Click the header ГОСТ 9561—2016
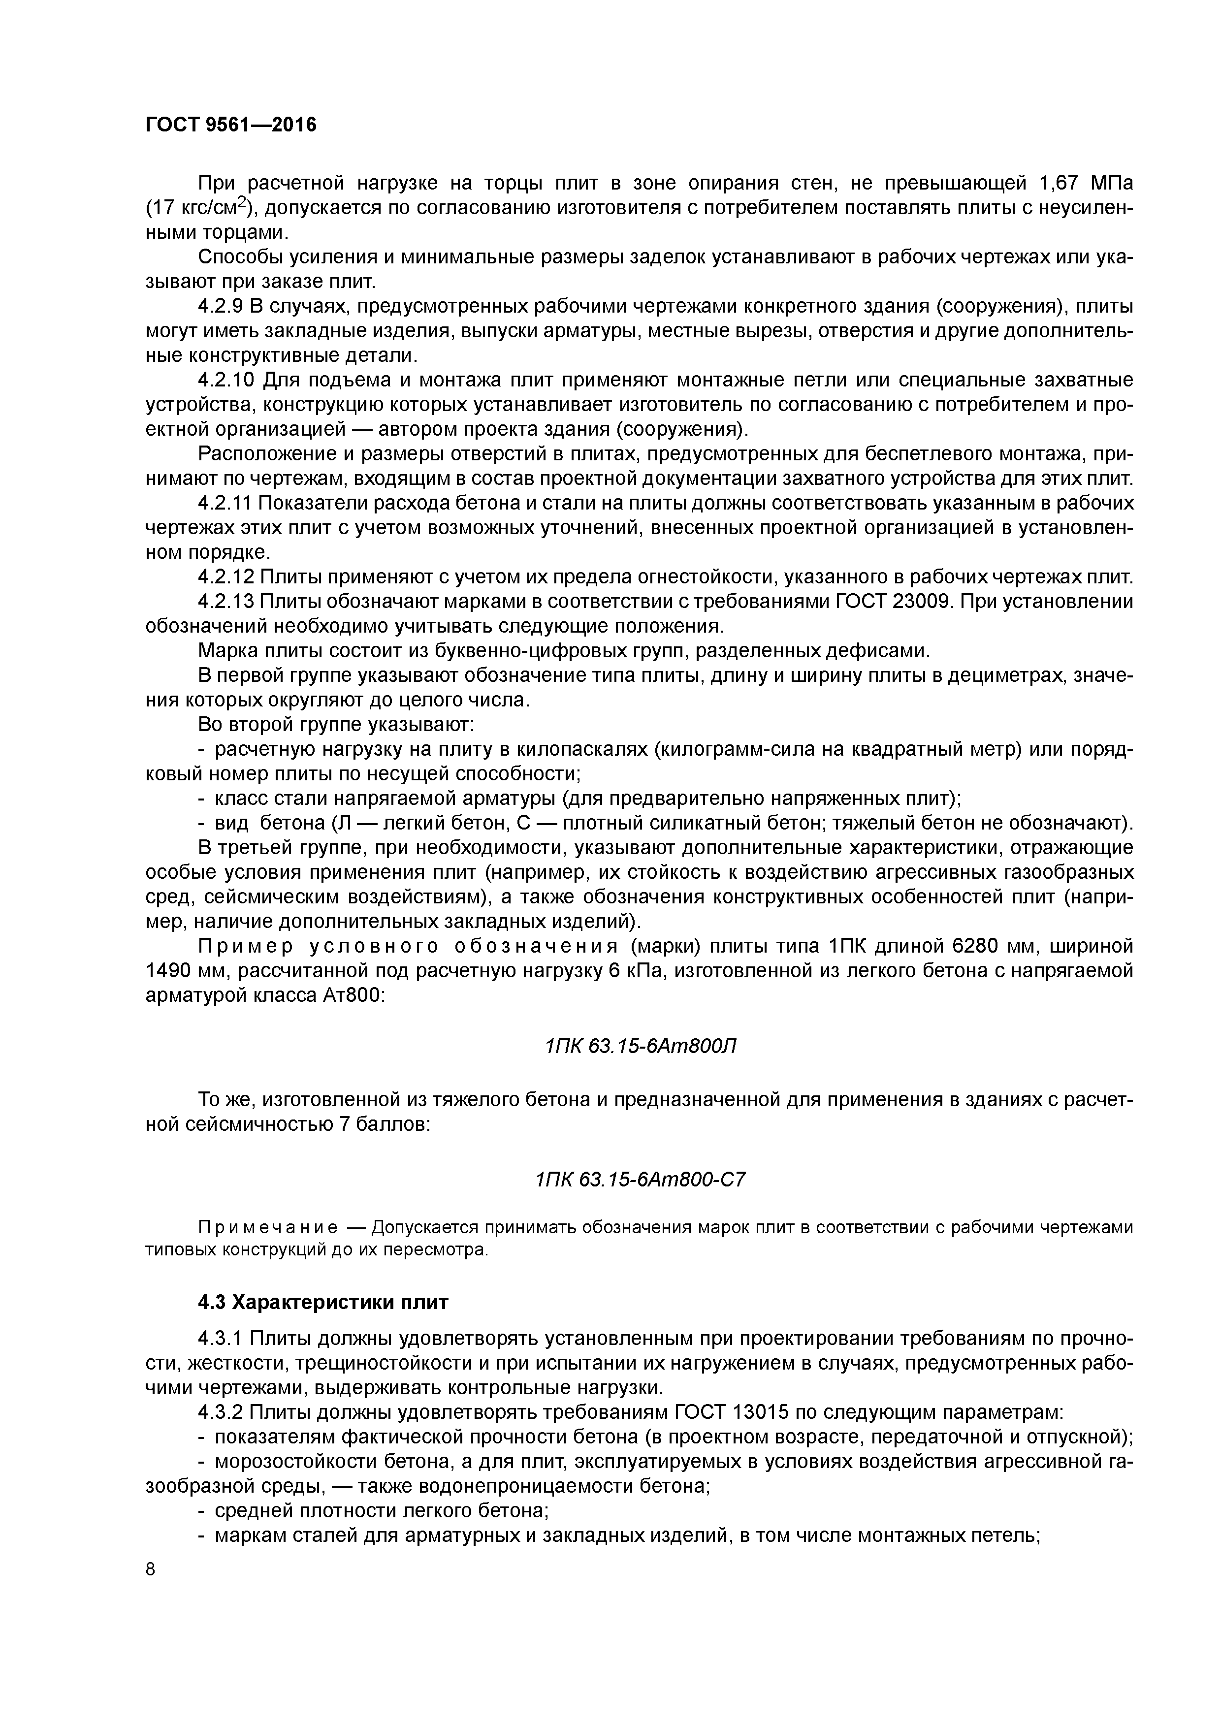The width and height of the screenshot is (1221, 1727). coord(231,125)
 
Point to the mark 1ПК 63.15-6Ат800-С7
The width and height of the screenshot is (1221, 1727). coord(640,1180)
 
